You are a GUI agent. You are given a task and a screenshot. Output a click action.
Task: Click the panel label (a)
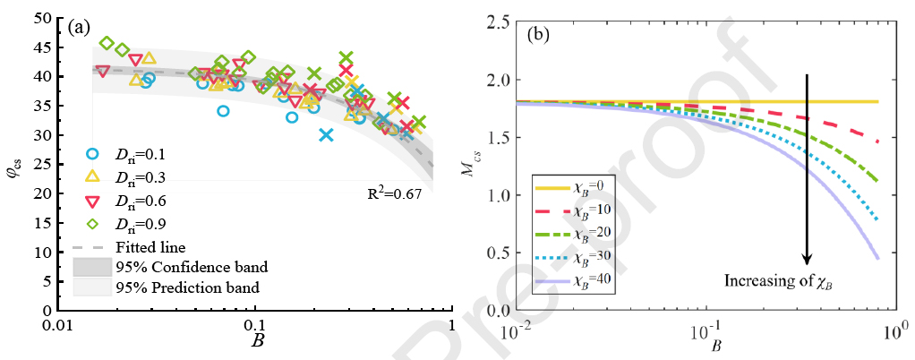79,26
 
